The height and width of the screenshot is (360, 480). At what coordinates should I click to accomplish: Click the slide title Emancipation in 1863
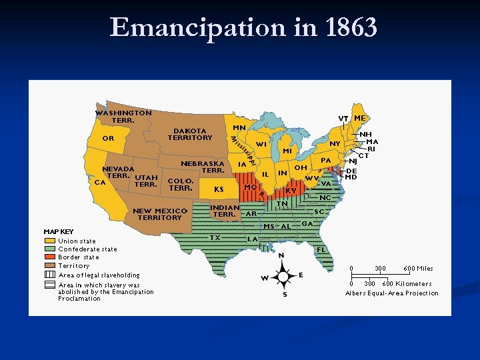[x=243, y=28]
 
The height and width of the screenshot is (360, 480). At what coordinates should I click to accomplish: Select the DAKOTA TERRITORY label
[x=190, y=134]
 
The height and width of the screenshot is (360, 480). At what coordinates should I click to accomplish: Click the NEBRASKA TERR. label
[x=203, y=167]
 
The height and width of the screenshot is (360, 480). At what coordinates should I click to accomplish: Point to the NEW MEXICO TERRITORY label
[x=160, y=214]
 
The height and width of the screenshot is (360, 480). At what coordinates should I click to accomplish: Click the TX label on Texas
[x=215, y=237]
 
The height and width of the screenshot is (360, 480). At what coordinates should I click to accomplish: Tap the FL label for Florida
[x=321, y=249]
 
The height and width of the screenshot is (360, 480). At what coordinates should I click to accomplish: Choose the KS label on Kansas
[x=219, y=189]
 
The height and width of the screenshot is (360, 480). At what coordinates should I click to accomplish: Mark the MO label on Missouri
[x=251, y=187]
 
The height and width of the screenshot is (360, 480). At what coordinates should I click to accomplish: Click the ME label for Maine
[x=359, y=118]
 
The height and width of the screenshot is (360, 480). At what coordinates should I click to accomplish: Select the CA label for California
[x=100, y=181]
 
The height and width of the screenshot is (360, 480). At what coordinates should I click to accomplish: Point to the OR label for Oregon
[x=108, y=139]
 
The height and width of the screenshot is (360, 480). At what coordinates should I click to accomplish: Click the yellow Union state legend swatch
[x=50, y=241]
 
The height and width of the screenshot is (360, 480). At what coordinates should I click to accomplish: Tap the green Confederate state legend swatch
[x=50, y=249]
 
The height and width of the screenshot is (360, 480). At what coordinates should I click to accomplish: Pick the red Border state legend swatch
[x=50, y=257]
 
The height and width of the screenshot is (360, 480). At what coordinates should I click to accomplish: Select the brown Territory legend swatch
[x=50, y=266]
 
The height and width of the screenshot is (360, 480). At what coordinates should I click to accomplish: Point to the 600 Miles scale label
[x=418, y=269]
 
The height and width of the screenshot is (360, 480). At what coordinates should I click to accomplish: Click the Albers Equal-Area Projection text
[x=392, y=293]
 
